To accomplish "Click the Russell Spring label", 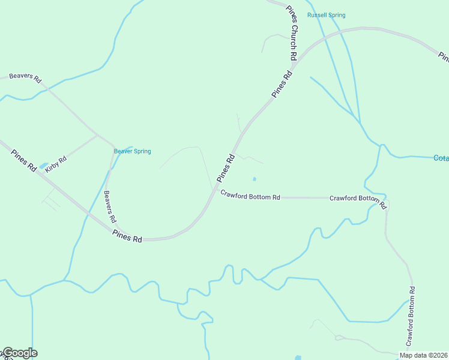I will [x=326, y=15].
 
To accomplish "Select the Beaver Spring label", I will [x=132, y=151].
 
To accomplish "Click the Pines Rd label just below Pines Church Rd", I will [x=282, y=85].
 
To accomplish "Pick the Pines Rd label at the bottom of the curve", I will [x=127, y=238].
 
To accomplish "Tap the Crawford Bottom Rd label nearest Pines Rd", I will [x=250, y=196].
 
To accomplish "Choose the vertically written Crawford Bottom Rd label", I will [x=411, y=316].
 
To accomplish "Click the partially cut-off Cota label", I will [x=441, y=158].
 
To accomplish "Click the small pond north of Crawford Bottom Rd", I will [x=255, y=179].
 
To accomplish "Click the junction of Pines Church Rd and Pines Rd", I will [x=298, y=59].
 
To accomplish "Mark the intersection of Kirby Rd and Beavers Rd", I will [x=97, y=134].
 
